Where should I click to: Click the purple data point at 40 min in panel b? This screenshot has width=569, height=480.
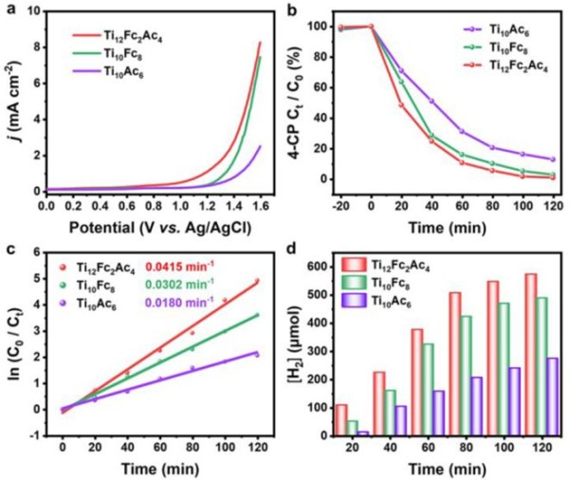(405, 101)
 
